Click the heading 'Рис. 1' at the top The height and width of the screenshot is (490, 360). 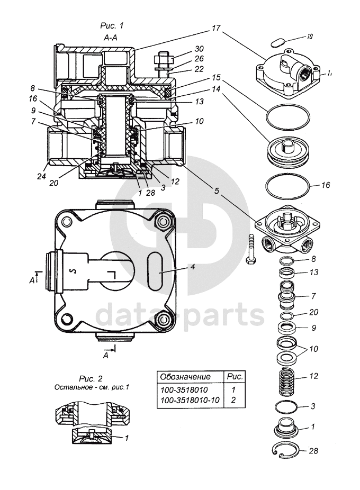coord(111,25)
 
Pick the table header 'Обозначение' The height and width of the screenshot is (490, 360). coord(185,377)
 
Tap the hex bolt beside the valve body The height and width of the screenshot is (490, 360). coord(250,249)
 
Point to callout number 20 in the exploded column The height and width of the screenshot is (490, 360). coord(313,312)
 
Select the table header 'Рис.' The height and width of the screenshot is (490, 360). coord(233,377)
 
